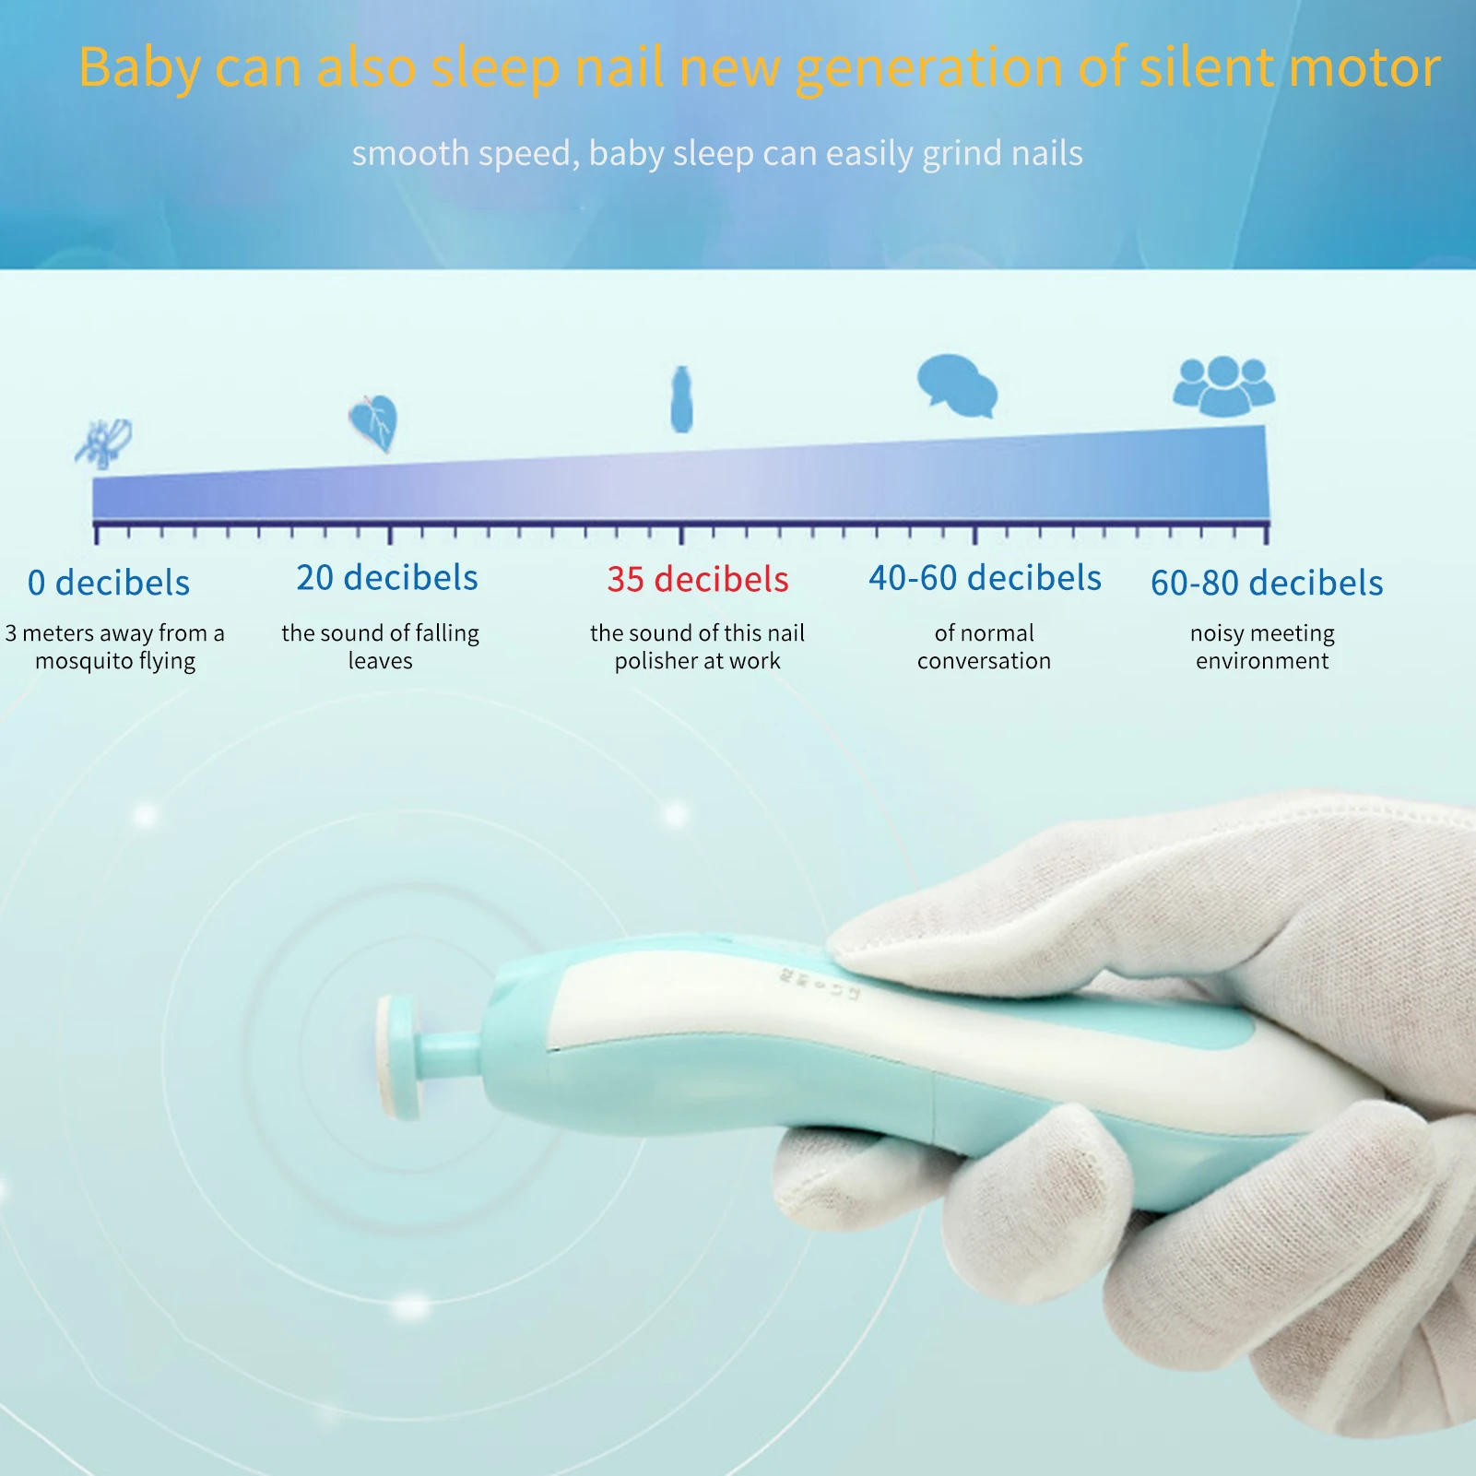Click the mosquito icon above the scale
[103, 443]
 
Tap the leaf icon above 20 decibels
[373, 423]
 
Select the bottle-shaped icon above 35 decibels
[681, 399]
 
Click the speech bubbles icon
[957, 385]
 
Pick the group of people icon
[1223, 385]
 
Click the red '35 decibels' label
[698, 579]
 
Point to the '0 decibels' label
[109, 583]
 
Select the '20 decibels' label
[387, 577]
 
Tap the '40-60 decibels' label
[985, 578]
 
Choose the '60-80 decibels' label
[1267, 583]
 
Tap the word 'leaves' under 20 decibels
[380, 661]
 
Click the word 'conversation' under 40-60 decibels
[984, 661]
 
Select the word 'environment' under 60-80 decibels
[1262, 661]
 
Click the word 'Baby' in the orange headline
[139, 67]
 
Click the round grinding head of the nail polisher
[397, 1058]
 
